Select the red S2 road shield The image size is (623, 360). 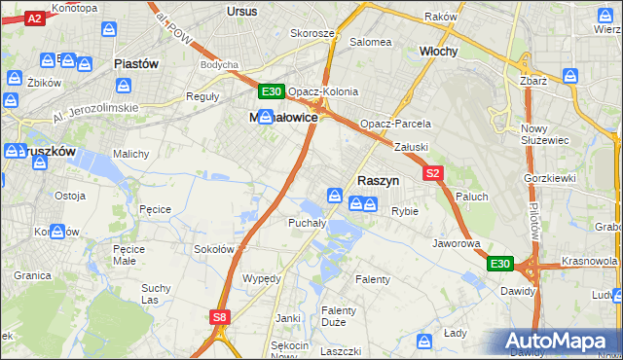pos(434,173)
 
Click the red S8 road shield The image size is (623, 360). pos(221,317)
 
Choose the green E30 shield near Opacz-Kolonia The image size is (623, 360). pos(272,92)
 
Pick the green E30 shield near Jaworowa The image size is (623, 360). pos(499,264)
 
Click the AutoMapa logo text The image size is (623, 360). pos(559,342)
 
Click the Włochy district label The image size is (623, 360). pos(438,51)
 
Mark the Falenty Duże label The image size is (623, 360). pos(340,316)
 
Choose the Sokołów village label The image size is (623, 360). pos(214,249)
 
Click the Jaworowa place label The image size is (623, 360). pos(457,243)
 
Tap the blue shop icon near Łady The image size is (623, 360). pos(424,342)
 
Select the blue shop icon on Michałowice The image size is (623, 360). pos(265,116)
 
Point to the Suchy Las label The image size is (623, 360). pos(156,294)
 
